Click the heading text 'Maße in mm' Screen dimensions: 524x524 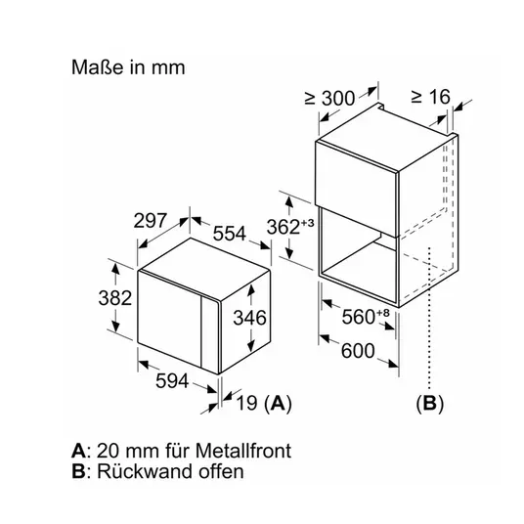pyautogui.click(x=128, y=67)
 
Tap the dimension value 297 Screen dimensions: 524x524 pyautogui.click(x=150, y=221)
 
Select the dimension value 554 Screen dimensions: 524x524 pyautogui.click(x=230, y=234)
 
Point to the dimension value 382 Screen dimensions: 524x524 pyautogui.click(x=115, y=298)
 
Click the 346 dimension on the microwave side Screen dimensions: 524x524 pyautogui.click(x=249, y=318)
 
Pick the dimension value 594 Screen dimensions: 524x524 pyautogui.click(x=172, y=381)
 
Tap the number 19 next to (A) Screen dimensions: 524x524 pyautogui.click(x=247, y=403)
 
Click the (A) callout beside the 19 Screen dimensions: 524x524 pyautogui.click(x=278, y=403)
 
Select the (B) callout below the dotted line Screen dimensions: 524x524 pyautogui.click(x=430, y=404)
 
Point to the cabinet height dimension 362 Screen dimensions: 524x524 pyautogui.click(x=284, y=227)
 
